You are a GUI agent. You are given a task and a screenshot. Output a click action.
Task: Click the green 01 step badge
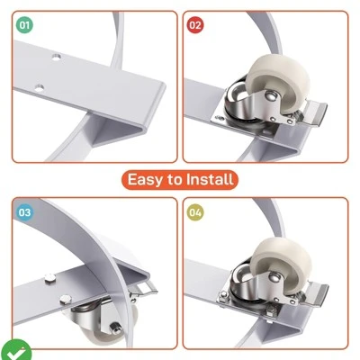[x=24, y=25]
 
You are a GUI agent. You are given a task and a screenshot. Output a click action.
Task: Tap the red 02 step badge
[x=195, y=25]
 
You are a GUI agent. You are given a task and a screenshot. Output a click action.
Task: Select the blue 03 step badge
[x=24, y=212]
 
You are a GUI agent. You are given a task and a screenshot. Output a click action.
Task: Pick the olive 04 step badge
[x=195, y=212]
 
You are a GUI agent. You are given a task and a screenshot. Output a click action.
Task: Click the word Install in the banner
[x=210, y=179]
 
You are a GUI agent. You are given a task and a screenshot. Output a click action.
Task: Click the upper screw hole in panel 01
[x=56, y=57]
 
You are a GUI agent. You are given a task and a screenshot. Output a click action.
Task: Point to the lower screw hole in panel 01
[x=39, y=88]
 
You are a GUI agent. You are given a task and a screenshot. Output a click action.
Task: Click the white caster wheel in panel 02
[x=276, y=85]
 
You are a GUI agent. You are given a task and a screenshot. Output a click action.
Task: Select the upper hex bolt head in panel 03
[x=50, y=278]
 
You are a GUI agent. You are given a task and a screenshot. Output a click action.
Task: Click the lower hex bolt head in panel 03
[x=66, y=299]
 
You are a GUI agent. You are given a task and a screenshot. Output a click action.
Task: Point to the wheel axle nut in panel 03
[x=114, y=328]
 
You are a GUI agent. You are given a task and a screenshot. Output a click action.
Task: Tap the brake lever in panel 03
[x=144, y=289]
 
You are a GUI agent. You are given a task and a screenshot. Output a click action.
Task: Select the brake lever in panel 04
[x=314, y=294]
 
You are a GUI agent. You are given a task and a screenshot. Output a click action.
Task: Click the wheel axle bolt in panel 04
[x=274, y=276]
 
